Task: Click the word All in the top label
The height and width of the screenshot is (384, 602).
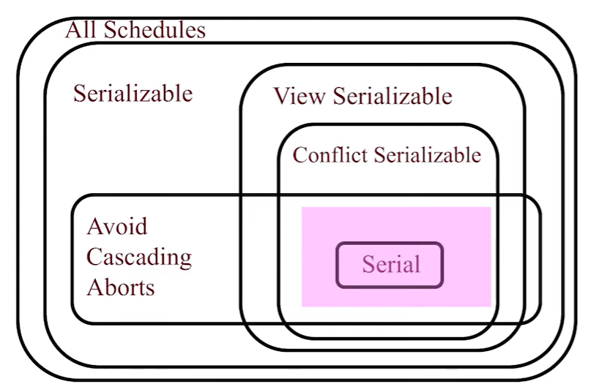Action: coord(81,30)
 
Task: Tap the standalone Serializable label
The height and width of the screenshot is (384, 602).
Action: coord(133,94)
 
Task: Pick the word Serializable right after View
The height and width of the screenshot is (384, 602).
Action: coord(392,96)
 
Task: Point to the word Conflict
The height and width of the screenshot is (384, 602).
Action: coord(330,155)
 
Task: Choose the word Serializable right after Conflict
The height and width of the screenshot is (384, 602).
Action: coord(427,155)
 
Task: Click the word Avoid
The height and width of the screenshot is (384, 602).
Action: coord(116,226)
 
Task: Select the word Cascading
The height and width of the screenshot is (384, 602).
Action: coord(139,257)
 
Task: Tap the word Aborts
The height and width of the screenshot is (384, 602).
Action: coord(121,287)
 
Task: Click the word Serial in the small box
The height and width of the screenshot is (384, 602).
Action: coord(391,264)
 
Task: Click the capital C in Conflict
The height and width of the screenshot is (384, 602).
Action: coord(299,155)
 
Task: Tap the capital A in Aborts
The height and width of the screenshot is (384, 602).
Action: coord(94,287)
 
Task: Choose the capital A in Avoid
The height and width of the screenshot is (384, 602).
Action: coord(94,226)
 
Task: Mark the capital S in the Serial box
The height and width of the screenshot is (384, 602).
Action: coord(368,264)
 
